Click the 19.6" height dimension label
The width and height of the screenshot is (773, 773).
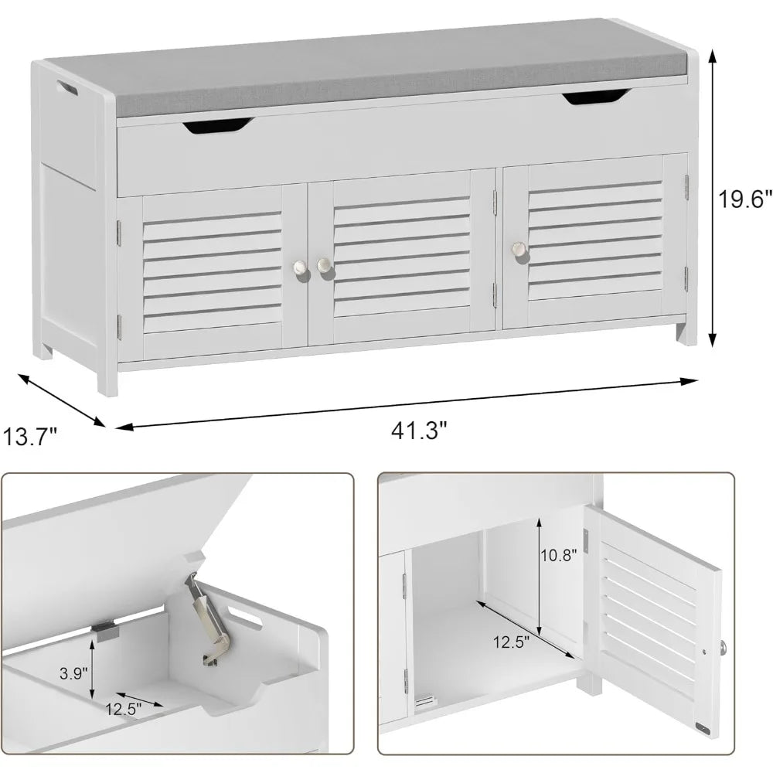[744, 199]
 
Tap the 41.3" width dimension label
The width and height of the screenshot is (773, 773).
[419, 431]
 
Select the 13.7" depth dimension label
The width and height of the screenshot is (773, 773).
[30, 437]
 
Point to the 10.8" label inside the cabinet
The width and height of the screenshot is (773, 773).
[559, 556]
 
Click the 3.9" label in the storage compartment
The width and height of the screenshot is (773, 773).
[73, 673]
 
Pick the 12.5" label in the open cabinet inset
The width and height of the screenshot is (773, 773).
[511, 642]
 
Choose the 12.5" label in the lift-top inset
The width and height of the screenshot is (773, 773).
[123, 709]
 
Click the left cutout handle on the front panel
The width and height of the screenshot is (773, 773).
[219, 125]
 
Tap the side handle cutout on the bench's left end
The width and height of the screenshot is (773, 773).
[66, 88]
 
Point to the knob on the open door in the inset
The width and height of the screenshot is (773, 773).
[723, 647]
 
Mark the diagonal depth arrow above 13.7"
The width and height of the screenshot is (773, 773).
[62, 400]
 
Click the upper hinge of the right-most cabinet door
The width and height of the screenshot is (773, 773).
[686, 187]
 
